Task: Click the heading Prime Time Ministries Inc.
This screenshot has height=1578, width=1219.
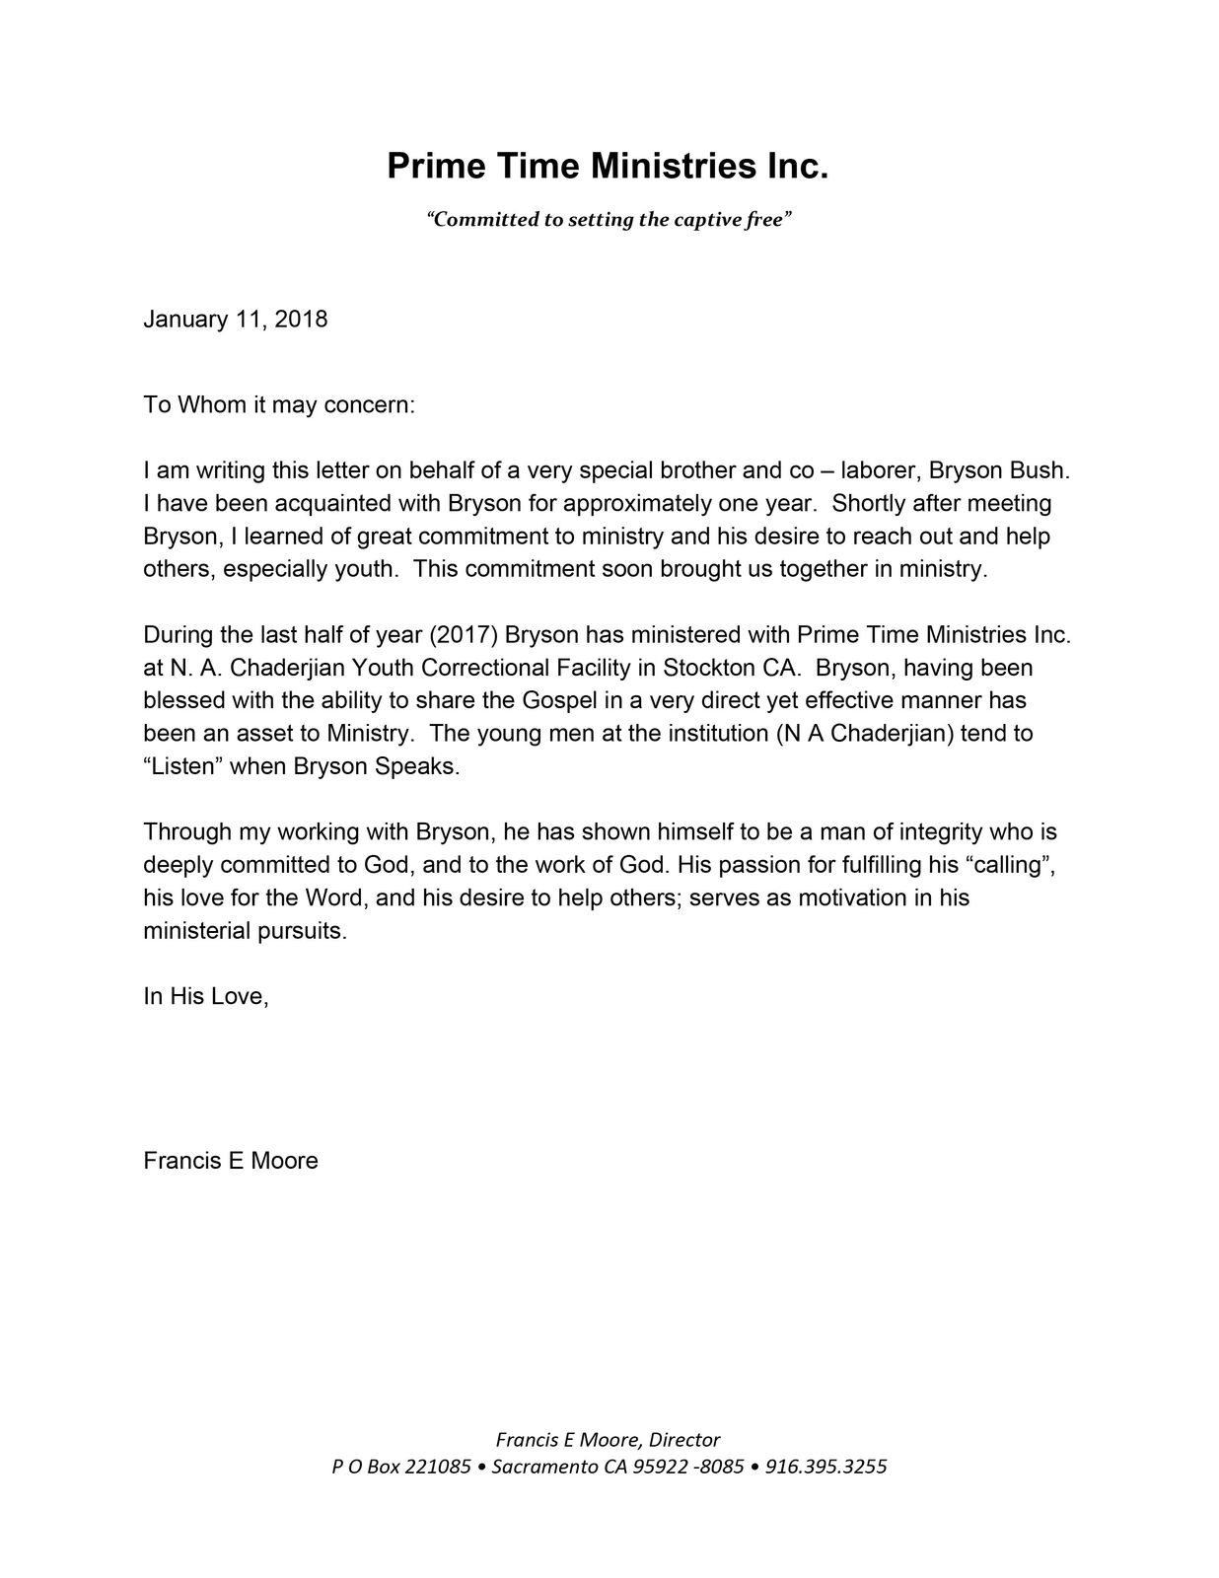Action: [x=608, y=166]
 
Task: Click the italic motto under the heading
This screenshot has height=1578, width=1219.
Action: [x=609, y=219]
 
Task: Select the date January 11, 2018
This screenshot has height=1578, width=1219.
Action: [x=236, y=320]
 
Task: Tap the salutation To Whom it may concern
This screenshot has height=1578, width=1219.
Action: [x=280, y=405]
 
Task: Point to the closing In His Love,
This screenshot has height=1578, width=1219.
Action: [x=206, y=996]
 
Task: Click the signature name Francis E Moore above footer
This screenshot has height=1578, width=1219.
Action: [x=231, y=1161]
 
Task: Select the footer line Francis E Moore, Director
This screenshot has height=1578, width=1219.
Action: [x=608, y=1440]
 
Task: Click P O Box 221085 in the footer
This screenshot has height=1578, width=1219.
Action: [x=401, y=1467]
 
